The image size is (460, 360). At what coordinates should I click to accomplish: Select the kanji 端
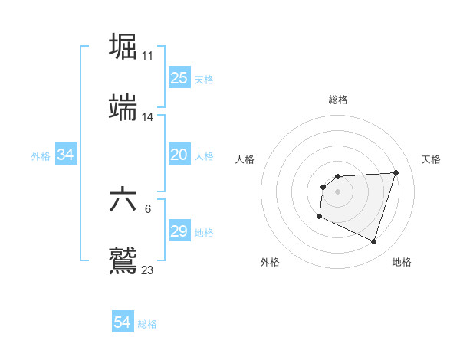click(123, 108)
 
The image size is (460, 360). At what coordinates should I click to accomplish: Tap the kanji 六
click(123, 201)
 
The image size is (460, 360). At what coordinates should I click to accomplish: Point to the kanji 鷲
click(123, 260)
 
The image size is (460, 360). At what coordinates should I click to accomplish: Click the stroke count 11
click(148, 56)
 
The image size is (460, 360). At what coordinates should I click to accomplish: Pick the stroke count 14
click(148, 117)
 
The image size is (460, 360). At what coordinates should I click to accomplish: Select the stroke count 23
click(148, 270)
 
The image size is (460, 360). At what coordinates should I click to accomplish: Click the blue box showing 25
click(179, 78)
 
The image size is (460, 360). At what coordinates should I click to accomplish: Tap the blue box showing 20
click(179, 155)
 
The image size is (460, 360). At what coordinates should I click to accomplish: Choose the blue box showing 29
click(179, 231)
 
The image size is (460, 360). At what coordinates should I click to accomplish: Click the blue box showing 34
click(66, 155)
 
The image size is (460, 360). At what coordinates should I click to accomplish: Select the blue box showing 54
click(123, 323)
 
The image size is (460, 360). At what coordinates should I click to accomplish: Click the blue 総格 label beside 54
click(147, 324)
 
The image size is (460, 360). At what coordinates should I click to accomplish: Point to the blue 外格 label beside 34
click(41, 156)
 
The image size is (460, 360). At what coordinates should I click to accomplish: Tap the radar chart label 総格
click(338, 100)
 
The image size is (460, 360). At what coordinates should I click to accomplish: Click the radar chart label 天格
click(432, 159)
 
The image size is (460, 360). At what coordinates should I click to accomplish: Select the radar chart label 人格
click(245, 159)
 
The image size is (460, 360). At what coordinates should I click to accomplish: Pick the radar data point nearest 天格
click(396, 172)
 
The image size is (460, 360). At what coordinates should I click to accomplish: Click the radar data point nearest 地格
click(373, 242)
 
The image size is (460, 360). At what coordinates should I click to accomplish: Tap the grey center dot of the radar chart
click(338, 191)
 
